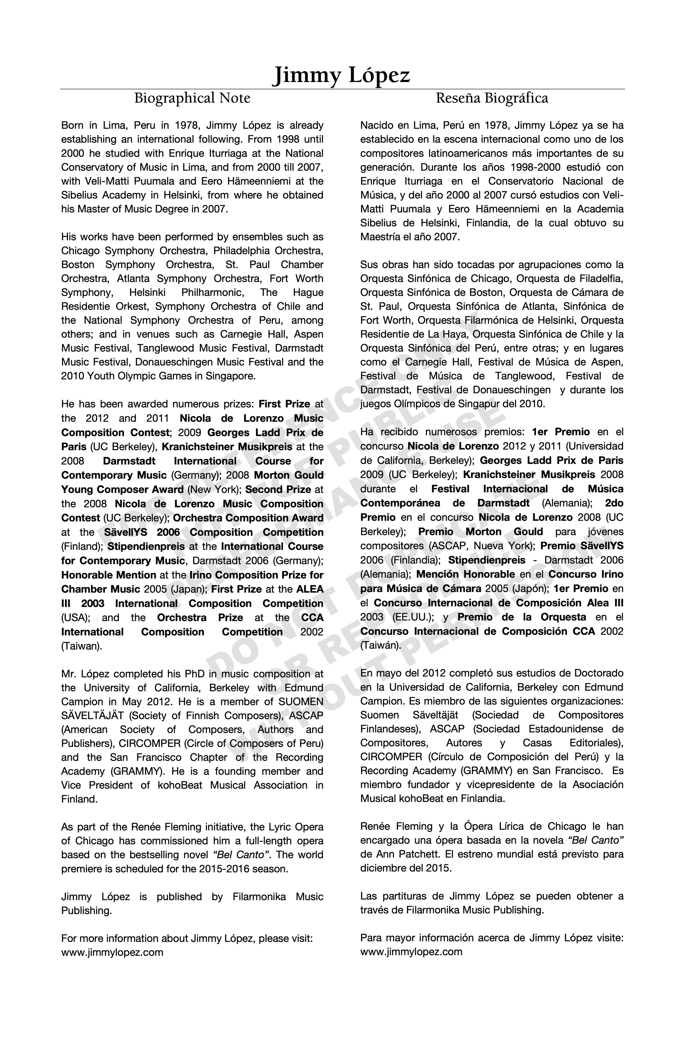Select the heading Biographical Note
click(192, 98)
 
